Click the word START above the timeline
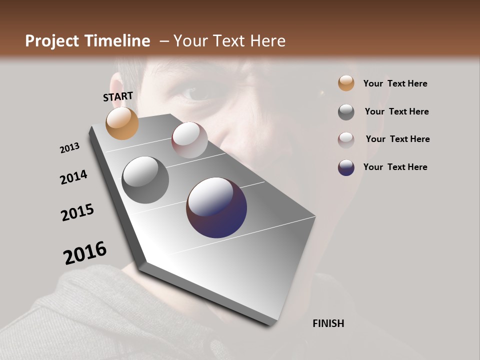[118, 96]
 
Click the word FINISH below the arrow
[328, 323]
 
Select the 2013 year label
[69, 148]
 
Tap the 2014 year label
[73, 177]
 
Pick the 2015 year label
[77, 212]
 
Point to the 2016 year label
[85, 253]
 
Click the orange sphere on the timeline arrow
[122, 123]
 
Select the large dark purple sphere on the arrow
[216, 207]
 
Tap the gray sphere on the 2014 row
[145, 180]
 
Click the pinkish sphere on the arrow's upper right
[189, 140]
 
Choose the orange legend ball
[346, 83]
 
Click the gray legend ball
[346, 112]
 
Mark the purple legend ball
[346, 167]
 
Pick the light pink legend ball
[346, 139]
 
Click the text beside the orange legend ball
[395, 83]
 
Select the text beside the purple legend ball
[395, 167]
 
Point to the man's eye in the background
[192, 92]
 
